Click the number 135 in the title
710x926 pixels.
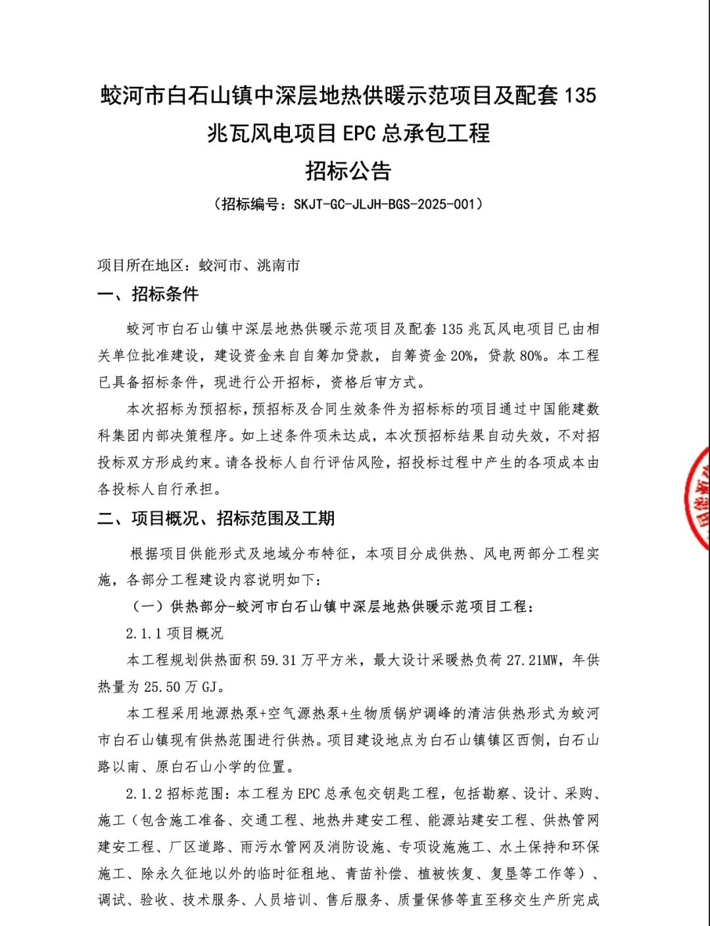point(580,96)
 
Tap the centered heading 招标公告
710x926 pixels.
point(348,171)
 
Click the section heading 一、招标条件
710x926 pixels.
point(148,294)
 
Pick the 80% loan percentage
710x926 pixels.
point(531,356)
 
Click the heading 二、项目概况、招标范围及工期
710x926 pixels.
point(216,518)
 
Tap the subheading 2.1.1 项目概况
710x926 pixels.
point(174,633)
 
